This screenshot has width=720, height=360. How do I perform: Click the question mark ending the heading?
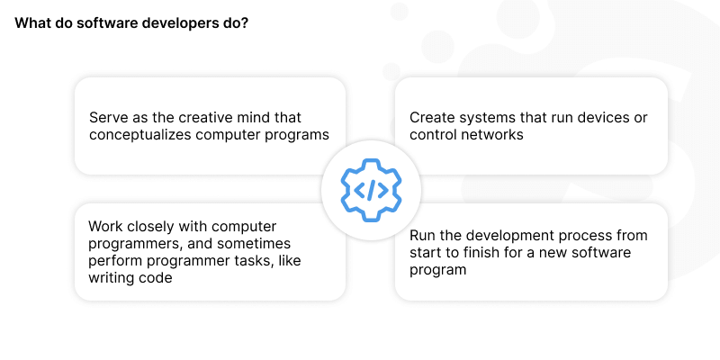coord(246,23)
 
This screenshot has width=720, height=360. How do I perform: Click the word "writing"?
coord(112,278)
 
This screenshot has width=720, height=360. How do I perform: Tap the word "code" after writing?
coord(156,278)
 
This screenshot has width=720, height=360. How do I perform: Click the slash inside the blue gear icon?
coord(371,190)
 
